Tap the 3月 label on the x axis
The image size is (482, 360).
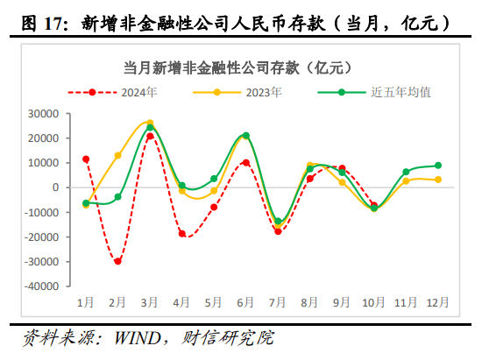coord(150,302)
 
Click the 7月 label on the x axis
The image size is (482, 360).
coord(279,302)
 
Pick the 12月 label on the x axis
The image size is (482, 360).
coord(438,302)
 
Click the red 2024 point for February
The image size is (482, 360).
coord(117,261)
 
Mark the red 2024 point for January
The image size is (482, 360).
coord(86,159)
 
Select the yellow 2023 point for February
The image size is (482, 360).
coord(117,155)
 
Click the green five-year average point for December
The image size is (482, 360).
coord(438,166)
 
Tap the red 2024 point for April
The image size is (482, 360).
coord(182,234)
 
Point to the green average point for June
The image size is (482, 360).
coord(246,136)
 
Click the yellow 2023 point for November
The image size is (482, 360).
coord(406,180)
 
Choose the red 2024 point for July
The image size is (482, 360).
coord(279,231)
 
